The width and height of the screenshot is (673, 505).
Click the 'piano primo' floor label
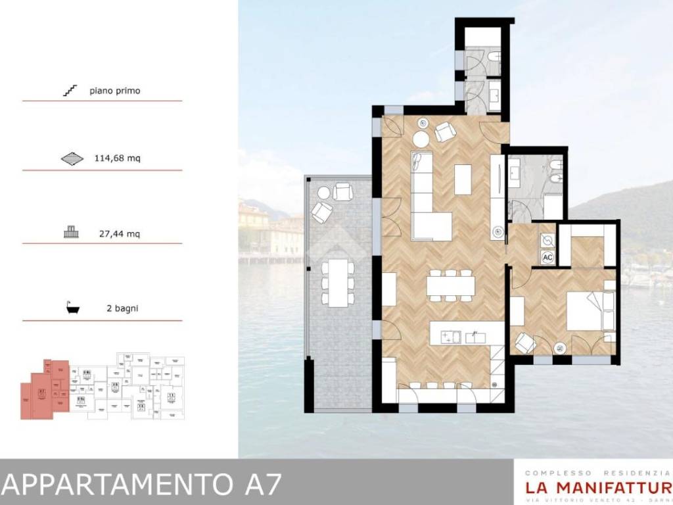point(115,91)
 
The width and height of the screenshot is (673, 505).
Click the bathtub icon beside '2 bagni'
point(72,308)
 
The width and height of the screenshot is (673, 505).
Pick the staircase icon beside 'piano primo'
point(70,90)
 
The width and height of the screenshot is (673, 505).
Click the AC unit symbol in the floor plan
point(547,258)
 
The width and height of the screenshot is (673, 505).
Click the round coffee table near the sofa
point(421,139)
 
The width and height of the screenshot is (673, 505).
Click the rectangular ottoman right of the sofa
point(463,180)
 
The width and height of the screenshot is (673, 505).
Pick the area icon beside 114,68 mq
point(72,158)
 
